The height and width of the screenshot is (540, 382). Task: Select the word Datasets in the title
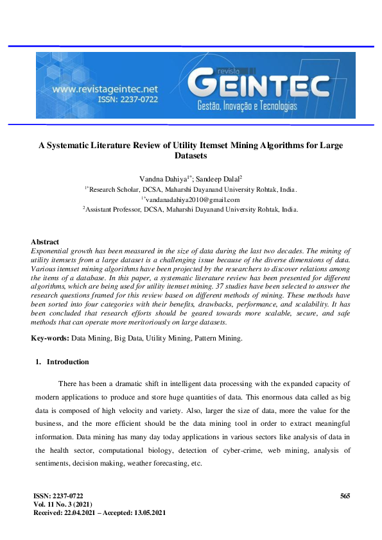(x=191, y=156)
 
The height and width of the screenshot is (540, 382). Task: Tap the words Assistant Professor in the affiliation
(x=113, y=209)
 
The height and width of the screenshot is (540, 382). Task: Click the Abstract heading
(x=45, y=242)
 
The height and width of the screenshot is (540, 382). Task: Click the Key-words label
(x=50, y=337)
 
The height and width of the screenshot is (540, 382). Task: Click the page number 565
(x=345, y=496)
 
